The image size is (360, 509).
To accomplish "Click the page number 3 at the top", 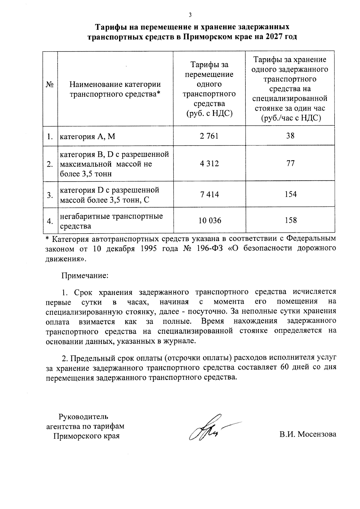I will tap(190, 15).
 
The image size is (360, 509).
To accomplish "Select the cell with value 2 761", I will tap(209, 136).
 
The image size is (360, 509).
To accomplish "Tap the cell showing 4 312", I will tap(209, 163).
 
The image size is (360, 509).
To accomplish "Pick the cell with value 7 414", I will tap(209, 195).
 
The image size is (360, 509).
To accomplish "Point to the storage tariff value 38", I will tap(290, 136).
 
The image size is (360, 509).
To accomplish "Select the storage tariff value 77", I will tap(290, 163).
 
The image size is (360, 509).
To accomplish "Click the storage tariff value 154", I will tap(290, 195).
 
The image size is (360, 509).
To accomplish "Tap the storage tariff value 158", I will tap(290, 220).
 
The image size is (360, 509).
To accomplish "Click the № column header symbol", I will tap(50, 85).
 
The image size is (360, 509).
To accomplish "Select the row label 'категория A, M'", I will tap(88, 137).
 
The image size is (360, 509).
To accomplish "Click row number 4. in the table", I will tap(50, 221).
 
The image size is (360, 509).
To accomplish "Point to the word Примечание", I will tap(85, 275).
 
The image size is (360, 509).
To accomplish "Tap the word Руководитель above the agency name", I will tap(83, 416).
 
